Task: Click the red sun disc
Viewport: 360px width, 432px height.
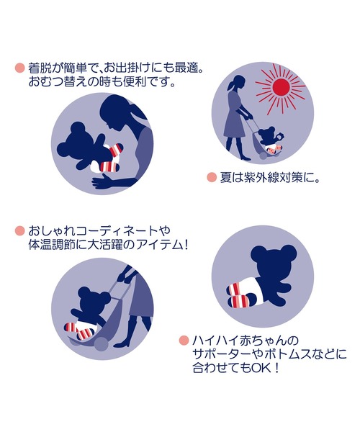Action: tap(280, 86)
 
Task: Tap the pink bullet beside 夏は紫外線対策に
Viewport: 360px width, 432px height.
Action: tap(212, 177)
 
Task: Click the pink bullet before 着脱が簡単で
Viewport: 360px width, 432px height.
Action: tap(19, 68)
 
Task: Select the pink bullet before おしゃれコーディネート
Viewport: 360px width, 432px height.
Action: tap(19, 230)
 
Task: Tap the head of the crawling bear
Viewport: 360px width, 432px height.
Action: tap(273, 261)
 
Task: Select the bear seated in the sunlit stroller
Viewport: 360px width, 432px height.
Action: tap(269, 140)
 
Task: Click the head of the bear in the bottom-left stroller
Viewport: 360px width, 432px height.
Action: tap(93, 300)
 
